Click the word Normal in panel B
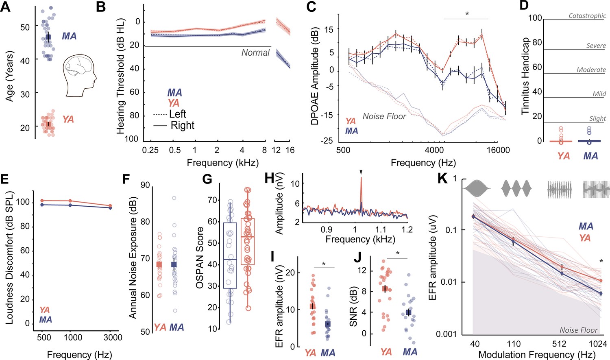(x=255, y=52)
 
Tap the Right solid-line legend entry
(x=174, y=125)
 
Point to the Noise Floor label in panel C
(x=384, y=117)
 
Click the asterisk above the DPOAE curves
(x=467, y=14)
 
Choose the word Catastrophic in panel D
(x=587, y=15)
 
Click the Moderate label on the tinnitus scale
(x=591, y=70)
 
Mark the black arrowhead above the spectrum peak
(x=361, y=172)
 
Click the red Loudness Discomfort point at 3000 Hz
(x=110, y=206)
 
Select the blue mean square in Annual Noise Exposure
(x=174, y=264)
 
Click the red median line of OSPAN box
(x=248, y=237)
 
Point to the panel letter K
(x=442, y=179)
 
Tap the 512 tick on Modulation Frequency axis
(x=559, y=344)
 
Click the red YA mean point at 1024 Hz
(x=601, y=281)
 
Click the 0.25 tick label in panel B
(x=150, y=150)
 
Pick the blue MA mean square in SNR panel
(x=408, y=312)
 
